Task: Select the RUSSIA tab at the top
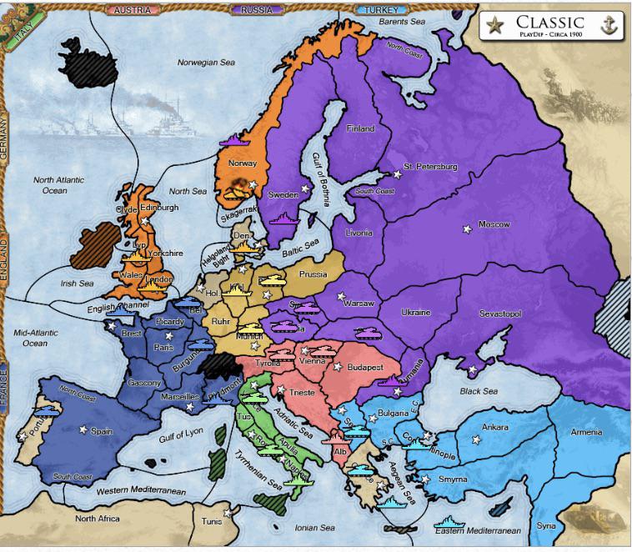pos(257,9)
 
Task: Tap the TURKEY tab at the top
pos(380,9)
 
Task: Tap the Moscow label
pos(494,224)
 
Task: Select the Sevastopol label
pos(500,313)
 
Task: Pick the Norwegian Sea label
pos(204,63)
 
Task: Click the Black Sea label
pos(479,391)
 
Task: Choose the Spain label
pos(101,431)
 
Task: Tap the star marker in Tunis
pos(227,513)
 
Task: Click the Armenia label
pos(586,432)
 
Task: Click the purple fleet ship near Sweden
pos(281,218)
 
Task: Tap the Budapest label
pos(364,367)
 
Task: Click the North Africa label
pos(98,519)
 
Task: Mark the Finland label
pos(361,128)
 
